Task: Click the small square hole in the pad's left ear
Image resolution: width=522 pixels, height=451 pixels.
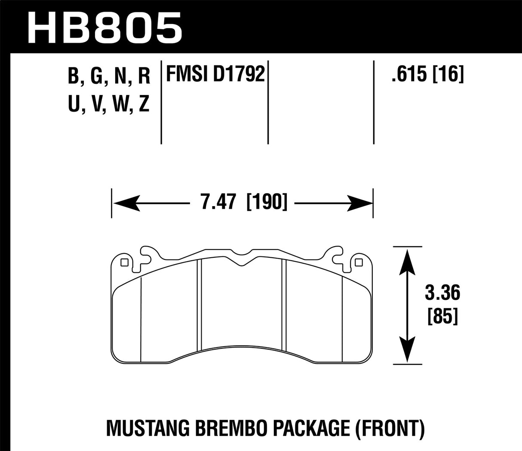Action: [x=125, y=262]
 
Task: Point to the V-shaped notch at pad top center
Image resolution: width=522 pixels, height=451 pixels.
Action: [x=242, y=262]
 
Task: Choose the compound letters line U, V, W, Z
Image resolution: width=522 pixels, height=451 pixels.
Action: [x=109, y=104]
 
